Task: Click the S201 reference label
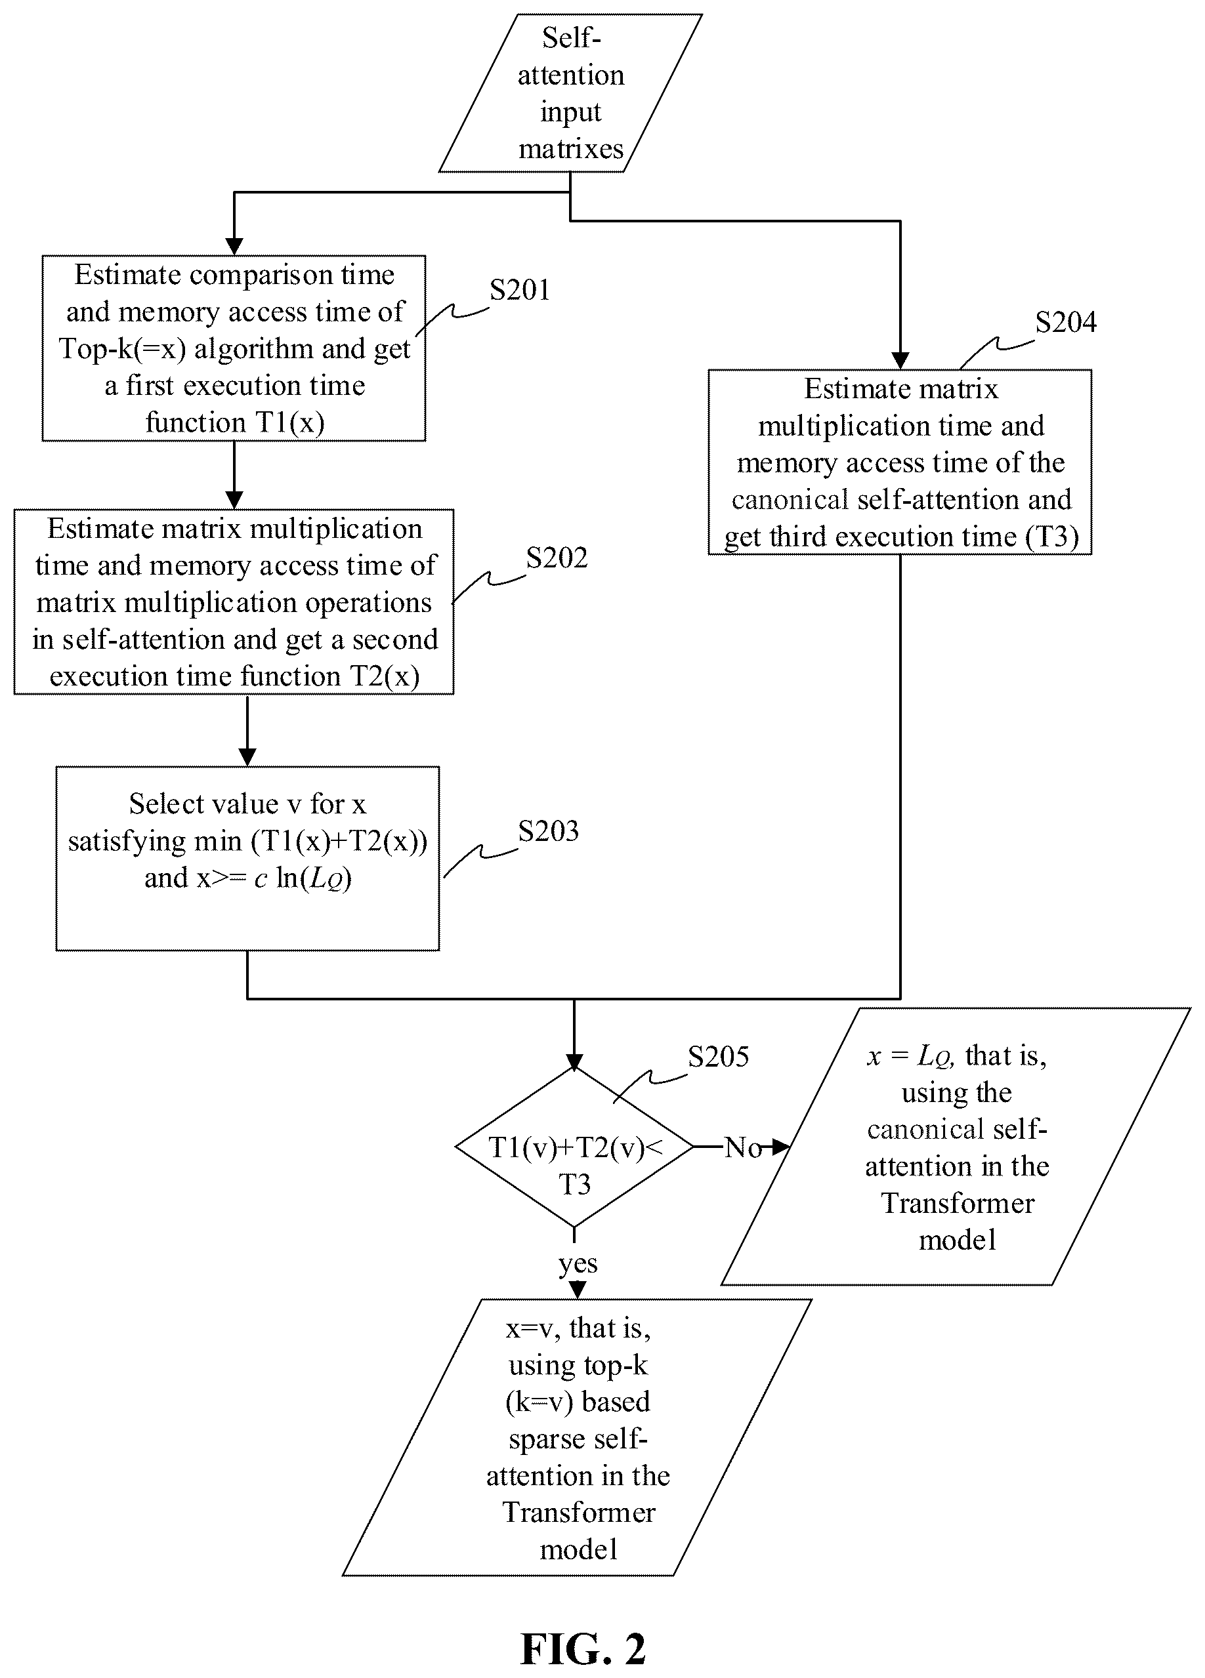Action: point(520,290)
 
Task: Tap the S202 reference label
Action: point(557,558)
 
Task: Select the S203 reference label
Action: point(549,832)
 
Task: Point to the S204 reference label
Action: point(1066,322)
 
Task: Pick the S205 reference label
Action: point(718,1057)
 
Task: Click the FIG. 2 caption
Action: point(583,1649)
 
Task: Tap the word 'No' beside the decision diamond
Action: point(743,1147)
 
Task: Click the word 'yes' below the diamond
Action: point(578,1263)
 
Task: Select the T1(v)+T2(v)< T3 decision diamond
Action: point(574,1147)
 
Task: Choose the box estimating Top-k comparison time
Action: point(234,348)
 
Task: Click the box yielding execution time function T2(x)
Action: point(234,602)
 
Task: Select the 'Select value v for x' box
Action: point(247,858)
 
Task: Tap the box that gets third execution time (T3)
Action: point(900,462)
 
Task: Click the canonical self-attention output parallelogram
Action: point(956,1147)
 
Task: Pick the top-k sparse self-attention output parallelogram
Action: point(578,1437)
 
